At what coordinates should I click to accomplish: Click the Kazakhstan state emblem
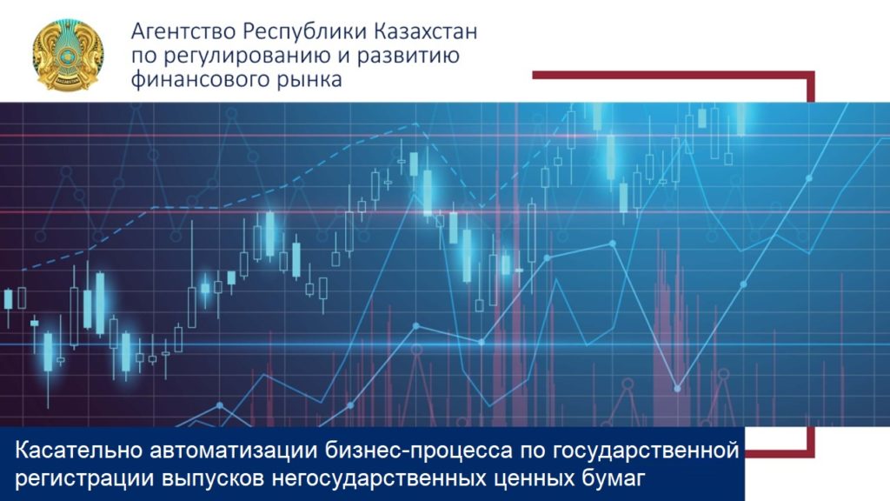[x=68, y=55]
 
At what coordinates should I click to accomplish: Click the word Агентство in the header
[x=183, y=32]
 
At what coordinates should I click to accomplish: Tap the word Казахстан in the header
[x=426, y=31]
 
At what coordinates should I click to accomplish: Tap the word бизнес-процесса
[x=419, y=451]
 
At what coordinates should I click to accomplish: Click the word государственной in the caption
[x=646, y=451]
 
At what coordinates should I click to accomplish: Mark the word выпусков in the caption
[x=214, y=478]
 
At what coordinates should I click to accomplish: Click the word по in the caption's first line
[x=533, y=452]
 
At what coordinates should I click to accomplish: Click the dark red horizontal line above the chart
[x=674, y=75]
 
